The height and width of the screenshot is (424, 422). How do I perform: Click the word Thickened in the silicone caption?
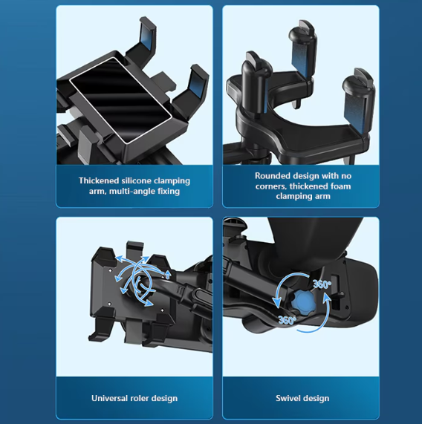pos(99,180)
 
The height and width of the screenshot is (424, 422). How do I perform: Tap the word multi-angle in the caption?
pos(132,191)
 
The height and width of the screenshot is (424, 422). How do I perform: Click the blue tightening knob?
pos(303,301)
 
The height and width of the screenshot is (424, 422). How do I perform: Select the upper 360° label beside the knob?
pos(322,284)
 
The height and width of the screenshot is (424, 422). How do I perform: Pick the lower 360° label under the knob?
pos(288,320)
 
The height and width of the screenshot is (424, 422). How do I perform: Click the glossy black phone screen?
pos(120,100)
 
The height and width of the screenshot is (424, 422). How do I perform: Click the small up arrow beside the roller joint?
pos(168,275)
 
